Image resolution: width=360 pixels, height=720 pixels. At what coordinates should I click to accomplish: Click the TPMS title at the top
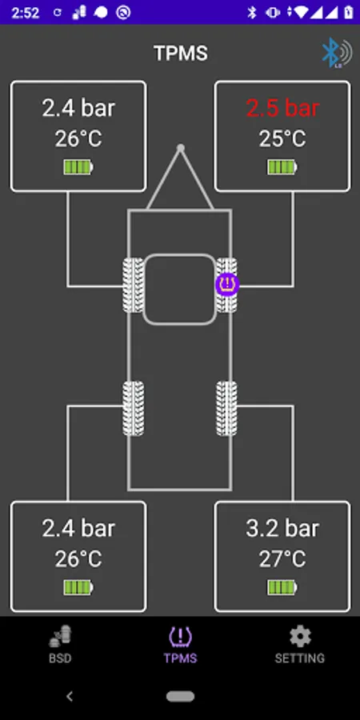(x=181, y=54)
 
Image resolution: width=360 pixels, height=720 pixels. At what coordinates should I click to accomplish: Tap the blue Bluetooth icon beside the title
(x=337, y=53)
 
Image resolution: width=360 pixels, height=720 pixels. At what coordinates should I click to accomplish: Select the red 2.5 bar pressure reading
(x=282, y=108)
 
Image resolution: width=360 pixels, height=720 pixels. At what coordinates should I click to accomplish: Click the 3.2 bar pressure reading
(x=282, y=528)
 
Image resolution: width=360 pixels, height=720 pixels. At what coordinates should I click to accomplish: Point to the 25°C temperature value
(x=282, y=138)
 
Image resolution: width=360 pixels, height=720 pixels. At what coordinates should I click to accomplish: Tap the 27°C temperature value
(x=282, y=559)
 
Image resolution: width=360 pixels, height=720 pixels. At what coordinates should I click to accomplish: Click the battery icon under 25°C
(x=282, y=167)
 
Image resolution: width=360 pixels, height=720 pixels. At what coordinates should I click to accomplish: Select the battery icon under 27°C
(x=282, y=587)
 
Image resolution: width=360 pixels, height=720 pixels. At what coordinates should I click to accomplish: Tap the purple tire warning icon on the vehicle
(x=227, y=284)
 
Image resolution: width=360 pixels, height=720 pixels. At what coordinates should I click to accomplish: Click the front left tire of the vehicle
(x=133, y=285)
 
